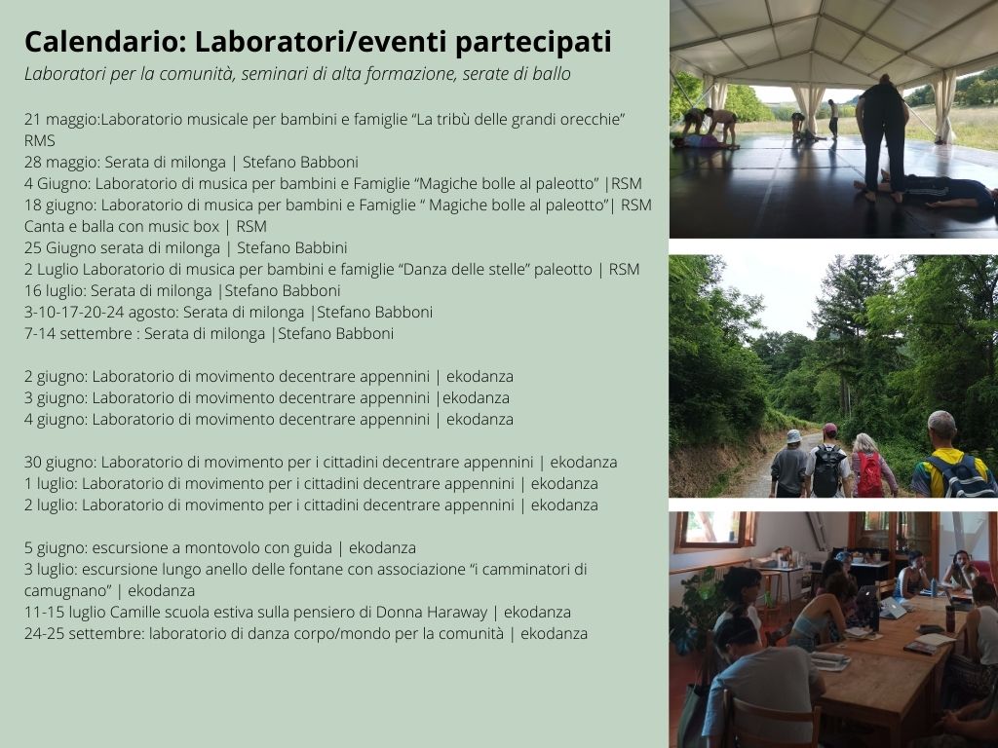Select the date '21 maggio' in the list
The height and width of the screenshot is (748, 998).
(61, 120)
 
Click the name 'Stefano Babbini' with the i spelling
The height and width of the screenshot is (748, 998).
(291, 247)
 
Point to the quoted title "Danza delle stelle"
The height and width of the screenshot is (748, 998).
(464, 269)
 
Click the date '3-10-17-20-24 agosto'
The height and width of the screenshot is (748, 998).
(101, 313)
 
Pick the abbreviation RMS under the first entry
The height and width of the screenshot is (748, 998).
(39, 140)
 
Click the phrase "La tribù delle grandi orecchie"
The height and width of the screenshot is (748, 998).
(518, 120)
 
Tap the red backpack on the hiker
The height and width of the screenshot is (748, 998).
(868, 474)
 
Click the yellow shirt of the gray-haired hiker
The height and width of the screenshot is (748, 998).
(947, 468)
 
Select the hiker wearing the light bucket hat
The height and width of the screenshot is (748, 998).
(789, 463)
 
